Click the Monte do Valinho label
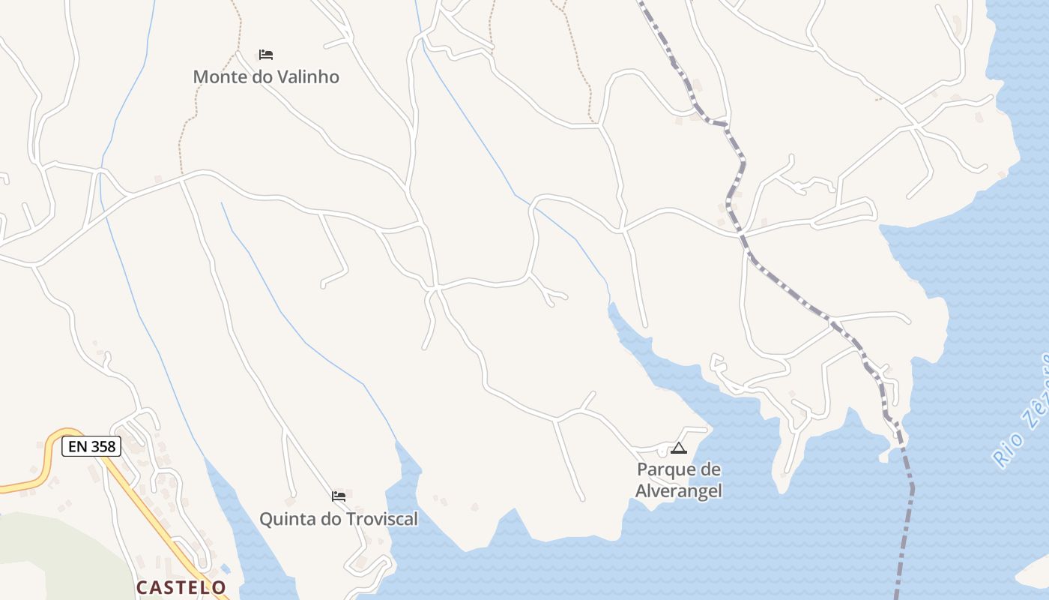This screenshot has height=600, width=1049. (266, 76)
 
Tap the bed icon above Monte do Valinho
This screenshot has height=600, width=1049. (265, 55)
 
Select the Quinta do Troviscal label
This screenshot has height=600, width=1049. (339, 519)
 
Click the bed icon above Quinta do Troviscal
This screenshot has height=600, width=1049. (339, 496)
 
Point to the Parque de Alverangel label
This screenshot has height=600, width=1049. (679, 480)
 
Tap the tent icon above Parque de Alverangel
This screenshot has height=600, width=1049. (679, 448)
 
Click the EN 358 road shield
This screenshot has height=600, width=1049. (91, 446)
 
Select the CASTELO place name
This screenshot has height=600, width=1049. (181, 586)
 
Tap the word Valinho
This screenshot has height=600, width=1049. (307, 76)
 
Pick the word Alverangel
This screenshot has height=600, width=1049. (679, 491)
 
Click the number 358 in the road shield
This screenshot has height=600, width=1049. (103, 446)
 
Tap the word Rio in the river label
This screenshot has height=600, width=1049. (1003, 451)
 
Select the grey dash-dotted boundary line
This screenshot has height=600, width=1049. (787, 289)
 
